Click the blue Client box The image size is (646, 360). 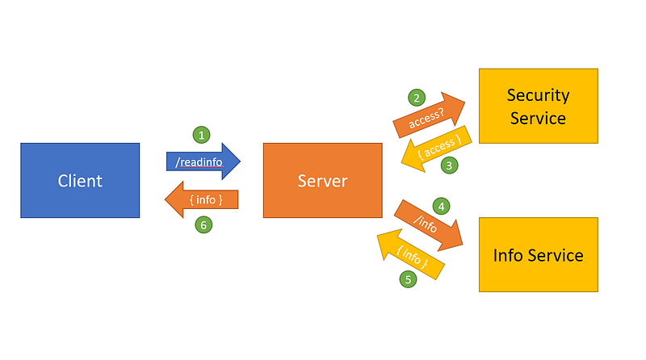pos(80,181)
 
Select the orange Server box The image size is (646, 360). pos(322,181)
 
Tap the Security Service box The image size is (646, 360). pos(539,106)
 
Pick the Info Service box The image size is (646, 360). pos(539,254)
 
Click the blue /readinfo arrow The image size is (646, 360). pos(203,161)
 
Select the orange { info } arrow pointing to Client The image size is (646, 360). pos(201,199)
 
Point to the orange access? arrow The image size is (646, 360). pos(429,115)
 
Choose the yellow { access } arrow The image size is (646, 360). pos(436,149)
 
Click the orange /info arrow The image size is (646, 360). pos(429,225)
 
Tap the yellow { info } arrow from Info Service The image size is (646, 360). pos(411,254)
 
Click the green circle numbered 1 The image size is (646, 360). pos(201,135)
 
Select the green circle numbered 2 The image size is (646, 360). pos(417,98)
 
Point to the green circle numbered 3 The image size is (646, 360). pos(449,165)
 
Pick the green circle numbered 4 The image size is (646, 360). pos(441,206)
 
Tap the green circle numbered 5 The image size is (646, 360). pos(408,279)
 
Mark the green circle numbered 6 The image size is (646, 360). pos(203,225)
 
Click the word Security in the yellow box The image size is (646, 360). pos(538,95)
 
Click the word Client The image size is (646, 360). pos(80,181)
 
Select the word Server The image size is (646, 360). pos(322,181)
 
